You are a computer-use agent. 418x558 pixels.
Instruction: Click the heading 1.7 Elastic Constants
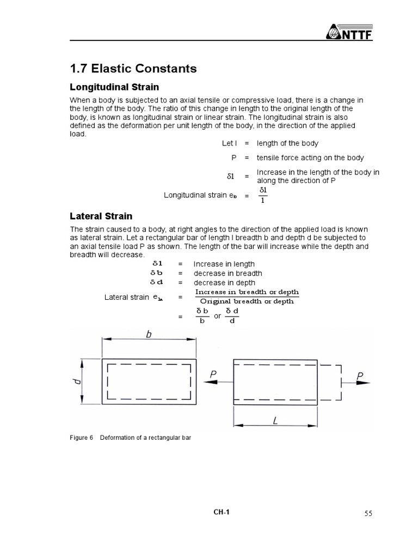point(133,69)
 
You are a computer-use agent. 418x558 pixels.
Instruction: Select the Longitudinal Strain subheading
point(114,87)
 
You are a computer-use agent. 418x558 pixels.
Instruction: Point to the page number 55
point(368,513)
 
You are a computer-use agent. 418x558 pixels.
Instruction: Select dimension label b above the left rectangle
point(149,335)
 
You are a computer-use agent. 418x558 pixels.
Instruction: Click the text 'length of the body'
point(287,143)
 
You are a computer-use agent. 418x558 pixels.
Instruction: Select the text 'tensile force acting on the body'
point(310,157)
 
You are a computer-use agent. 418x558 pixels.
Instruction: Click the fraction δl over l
point(263,195)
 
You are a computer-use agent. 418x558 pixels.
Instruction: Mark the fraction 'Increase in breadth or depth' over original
point(247,297)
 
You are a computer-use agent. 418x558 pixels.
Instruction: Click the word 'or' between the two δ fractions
point(218,316)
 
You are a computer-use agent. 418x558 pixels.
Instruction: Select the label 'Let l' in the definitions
point(229,143)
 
